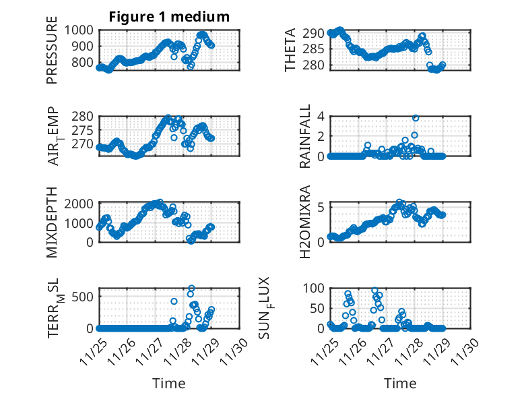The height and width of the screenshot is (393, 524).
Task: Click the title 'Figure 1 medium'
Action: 169,17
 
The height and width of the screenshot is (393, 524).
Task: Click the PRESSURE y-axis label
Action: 53,55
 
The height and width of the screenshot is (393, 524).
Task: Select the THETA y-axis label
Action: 290,50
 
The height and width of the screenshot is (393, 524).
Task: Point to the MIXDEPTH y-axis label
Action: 53,222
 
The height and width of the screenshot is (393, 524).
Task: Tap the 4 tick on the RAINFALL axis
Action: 322,116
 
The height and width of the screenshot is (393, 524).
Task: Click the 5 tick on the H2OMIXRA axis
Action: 322,206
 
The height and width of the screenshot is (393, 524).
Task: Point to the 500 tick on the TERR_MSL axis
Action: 86,295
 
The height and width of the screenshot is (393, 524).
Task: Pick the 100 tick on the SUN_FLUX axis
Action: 315,289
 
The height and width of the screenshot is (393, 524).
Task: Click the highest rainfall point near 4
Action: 416,118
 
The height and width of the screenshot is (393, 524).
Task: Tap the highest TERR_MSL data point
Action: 191,289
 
